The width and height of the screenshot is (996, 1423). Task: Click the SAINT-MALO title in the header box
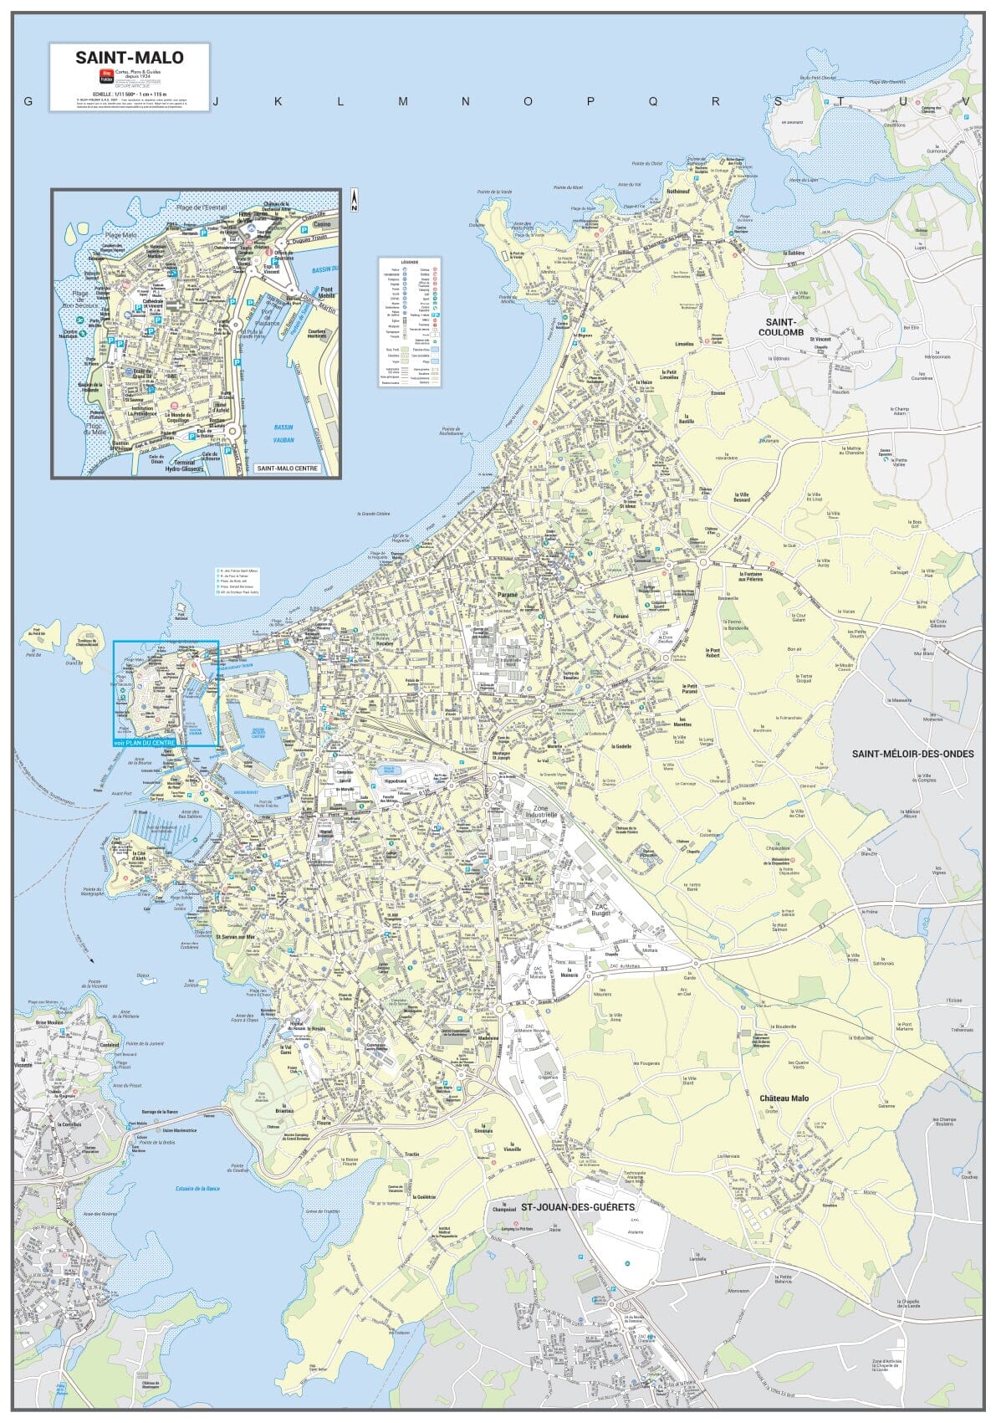coord(130,58)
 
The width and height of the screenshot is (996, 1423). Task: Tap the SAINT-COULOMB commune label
coord(779,327)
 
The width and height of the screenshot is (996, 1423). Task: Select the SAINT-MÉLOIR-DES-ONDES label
coord(912,754)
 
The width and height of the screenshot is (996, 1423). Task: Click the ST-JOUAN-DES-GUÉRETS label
coord(578,1207)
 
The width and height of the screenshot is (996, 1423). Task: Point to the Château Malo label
coord(784,1098)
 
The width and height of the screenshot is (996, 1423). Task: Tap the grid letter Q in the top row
coord(652,101)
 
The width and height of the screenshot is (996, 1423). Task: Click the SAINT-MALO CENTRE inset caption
coord(287,468)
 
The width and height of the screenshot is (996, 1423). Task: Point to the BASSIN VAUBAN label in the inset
coord(284,432)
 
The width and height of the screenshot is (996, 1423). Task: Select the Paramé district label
coord(508,595)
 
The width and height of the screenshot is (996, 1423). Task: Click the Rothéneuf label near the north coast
coord(678,191)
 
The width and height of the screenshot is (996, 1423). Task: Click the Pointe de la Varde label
coord(497,192)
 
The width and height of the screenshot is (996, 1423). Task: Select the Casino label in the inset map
coord(322,224)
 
